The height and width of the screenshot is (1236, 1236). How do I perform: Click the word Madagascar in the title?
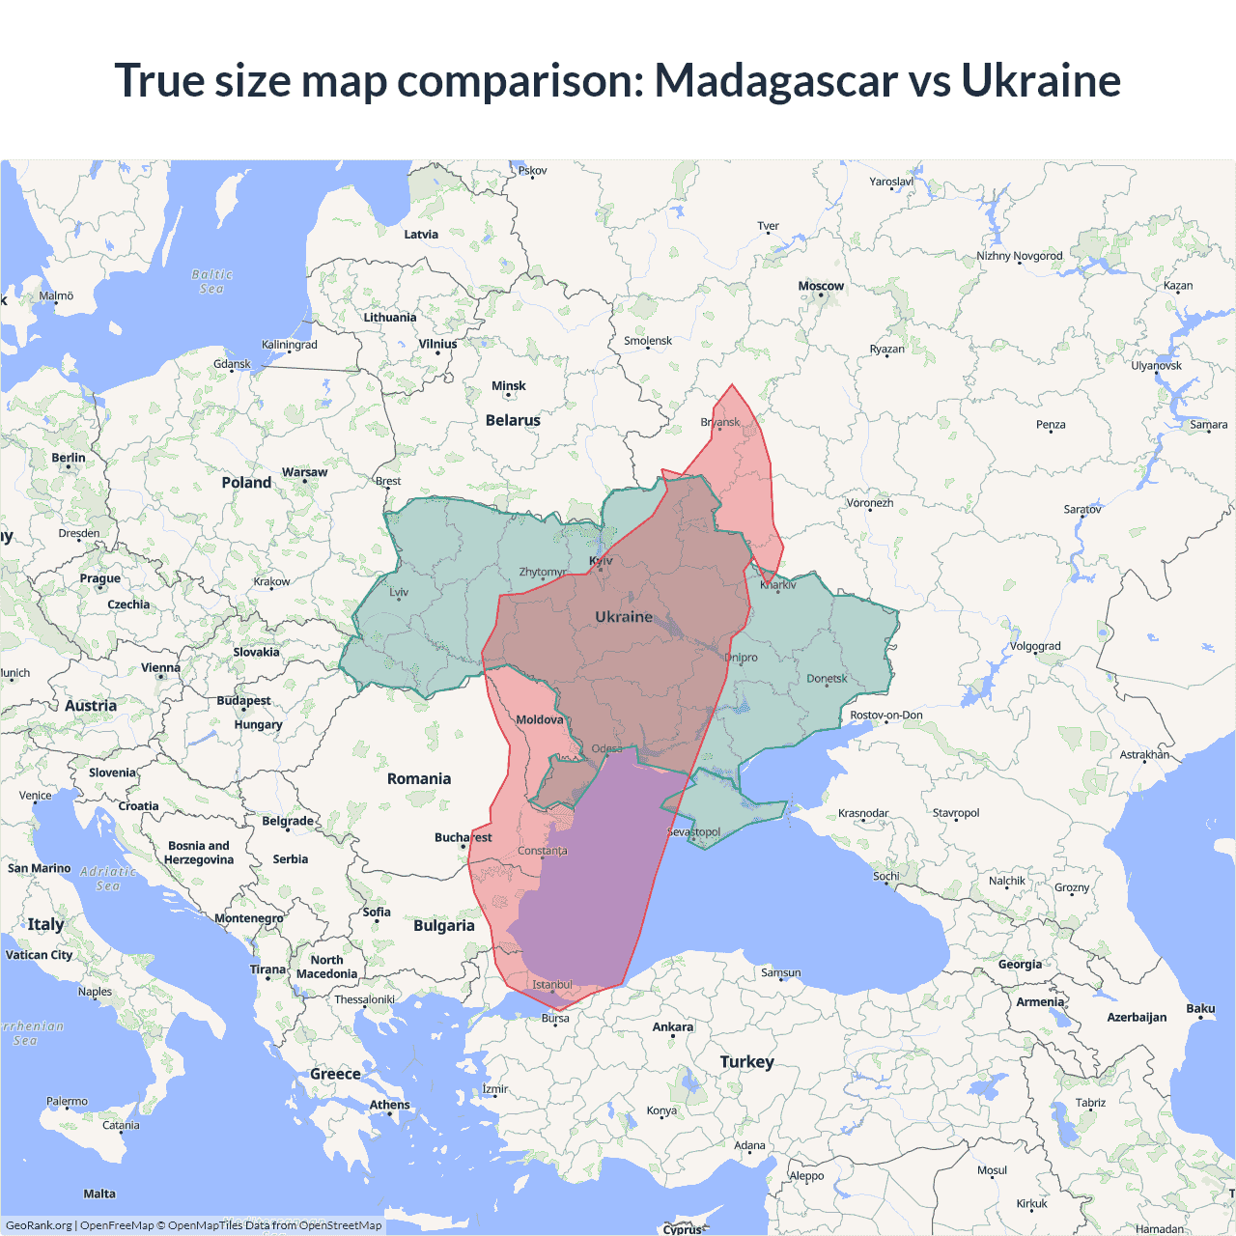point(775,80)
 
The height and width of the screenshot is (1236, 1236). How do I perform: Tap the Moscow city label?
point(821,286)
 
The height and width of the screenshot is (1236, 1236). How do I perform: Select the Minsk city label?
point(508,386)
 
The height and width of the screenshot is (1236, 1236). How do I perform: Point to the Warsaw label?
point(304,472)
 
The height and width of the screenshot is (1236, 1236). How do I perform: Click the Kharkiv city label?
point(777,584)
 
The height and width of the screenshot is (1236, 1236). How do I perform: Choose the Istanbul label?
point(552,985)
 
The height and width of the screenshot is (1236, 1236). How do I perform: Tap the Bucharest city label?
point(463,837)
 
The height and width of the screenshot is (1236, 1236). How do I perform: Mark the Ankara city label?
point(673,1026)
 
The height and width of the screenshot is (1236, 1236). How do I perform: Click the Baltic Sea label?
point(211,281)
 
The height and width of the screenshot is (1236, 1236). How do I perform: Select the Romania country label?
point(418,778)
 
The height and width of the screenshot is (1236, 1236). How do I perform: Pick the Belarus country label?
point(513,420)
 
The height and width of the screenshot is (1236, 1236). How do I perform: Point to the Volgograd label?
point(1035,646)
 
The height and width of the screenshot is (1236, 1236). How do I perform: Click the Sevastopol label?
point(693,831)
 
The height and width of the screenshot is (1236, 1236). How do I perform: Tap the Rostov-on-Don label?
point(885,716)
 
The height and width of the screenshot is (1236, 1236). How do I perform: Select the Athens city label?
point(389,1105)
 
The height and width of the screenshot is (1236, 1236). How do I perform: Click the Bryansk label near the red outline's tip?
point(720,422)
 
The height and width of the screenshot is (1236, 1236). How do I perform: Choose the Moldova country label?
point(539,719)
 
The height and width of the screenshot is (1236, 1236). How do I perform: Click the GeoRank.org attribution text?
point(39,1225)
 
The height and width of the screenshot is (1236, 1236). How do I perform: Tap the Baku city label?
point(1200,1008)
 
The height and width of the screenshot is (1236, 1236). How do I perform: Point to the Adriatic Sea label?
point(108,878)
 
